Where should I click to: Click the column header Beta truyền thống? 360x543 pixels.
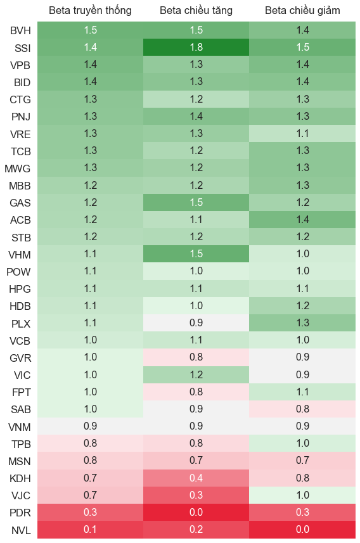pyautogui.click(x=90, y=10)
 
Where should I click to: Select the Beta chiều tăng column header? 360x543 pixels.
pyautogui.click(x=196, y=10)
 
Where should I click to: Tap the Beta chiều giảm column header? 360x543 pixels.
pyautogui.click(x=302, y=10)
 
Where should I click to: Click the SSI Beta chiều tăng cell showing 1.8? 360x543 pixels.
pyautogui.click(x=196, y=47)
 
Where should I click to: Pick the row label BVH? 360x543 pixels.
pyautogui.click(x=20, y=30)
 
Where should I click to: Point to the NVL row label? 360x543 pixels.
pyautogui.click(x=21, y=530)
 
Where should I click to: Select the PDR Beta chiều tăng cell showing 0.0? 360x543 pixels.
pyautogui.click(x=196, y=512)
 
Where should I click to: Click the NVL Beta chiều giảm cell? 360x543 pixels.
pyautogui.click(x=302, y=530)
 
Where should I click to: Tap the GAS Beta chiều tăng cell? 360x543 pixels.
pyautogui.click(x=196, y=202)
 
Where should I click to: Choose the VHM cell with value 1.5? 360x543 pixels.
pyautogui.click(x=196, y=254)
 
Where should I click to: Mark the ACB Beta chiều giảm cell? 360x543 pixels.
pyautogui.click(x=302, y=220)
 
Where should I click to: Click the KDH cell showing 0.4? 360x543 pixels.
pyautogui.click(x=196, y=478)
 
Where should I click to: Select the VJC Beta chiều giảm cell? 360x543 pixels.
pyautogui.click(x=302, y=495)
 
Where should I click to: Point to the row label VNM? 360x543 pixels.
pyautogui.click(x=20, y=427)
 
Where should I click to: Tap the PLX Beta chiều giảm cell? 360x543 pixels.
pyautogui.click(x=302, y=323)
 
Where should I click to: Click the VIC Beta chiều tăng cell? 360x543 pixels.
pyautogui.click(x=196, y=374)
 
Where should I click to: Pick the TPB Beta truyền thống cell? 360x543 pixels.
pyautogui.click(x=91, y=444)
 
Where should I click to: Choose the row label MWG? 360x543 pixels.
pyautogui.click(x=17, y=169)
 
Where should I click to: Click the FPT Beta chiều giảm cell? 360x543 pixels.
pyautogui.click(x=302, y=392)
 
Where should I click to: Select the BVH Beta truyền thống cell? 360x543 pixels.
pyautogui.click(x=91, y=30)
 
